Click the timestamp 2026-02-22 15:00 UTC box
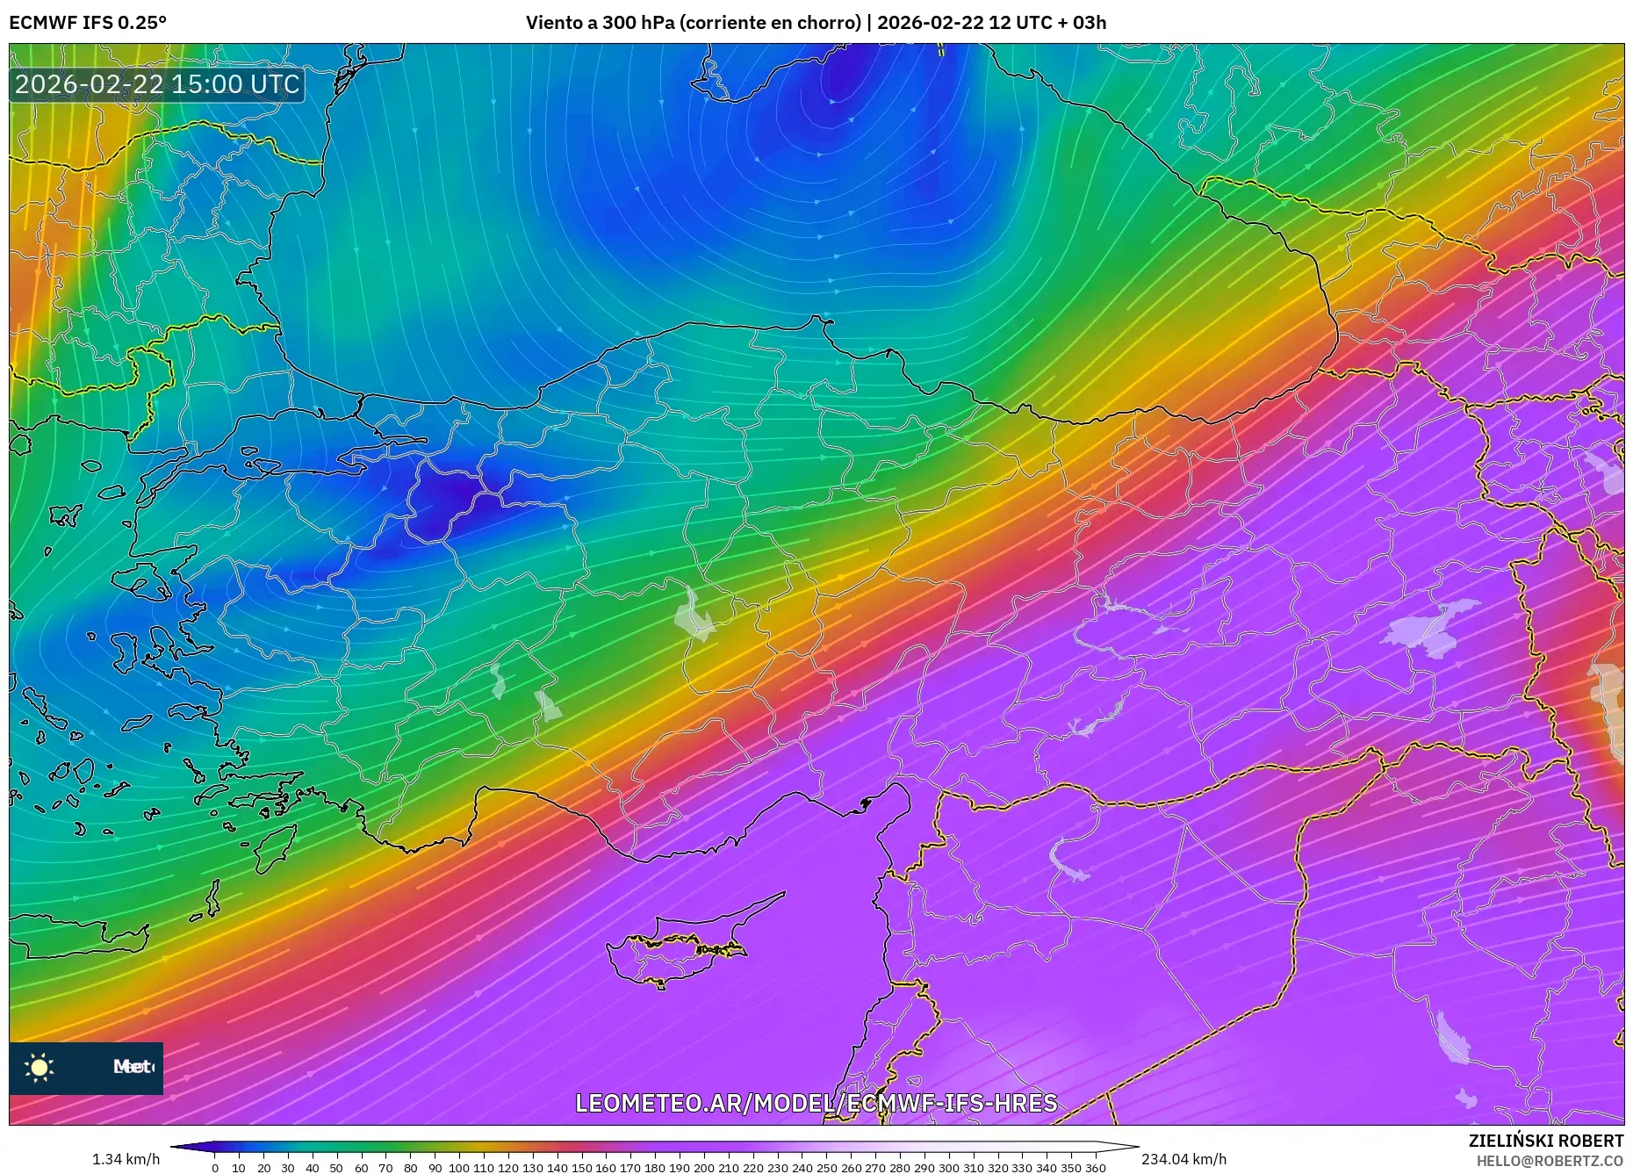pos(157,84)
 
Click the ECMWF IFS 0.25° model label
pos(88,23)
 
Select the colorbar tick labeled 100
pos(458,1168)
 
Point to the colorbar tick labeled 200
pos(703,1168)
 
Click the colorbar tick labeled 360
pos(1095,1168)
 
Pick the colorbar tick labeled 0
pos(214,1168)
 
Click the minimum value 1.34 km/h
pos(126,1159)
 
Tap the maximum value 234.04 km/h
pos(1183,1159)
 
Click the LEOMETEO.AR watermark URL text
pos(816,1103)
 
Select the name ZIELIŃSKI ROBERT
pos(1545,1141)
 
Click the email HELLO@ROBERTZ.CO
pos(1550,1161)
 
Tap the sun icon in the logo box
pos(40,1068)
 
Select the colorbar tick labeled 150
pos(581,1168)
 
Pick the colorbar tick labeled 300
pos(948,1168)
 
